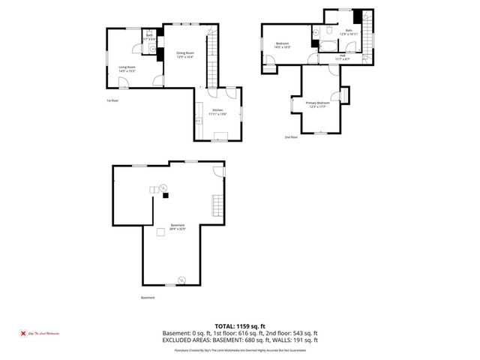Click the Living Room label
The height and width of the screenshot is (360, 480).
(x=127, y=67)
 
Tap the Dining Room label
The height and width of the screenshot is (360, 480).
(x=185, y=52)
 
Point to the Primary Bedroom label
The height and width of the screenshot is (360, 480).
(x=317, y=102)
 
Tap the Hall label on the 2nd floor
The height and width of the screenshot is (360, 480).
(x=343, y=54)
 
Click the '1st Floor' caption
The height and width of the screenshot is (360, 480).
(x=112, y=100)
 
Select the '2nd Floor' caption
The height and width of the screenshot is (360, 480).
(x=291, y=137)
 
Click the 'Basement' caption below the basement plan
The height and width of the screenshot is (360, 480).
(x=148, y=298)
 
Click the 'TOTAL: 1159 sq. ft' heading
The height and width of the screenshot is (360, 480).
(x=241, y=326)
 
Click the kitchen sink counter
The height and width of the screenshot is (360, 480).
(x=199, y=120)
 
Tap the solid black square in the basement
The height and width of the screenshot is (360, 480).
(x=166, y=195)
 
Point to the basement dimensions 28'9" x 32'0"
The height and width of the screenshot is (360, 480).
(x=178, y=229)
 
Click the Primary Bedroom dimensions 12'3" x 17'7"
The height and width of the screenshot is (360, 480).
(x=317, y=106)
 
